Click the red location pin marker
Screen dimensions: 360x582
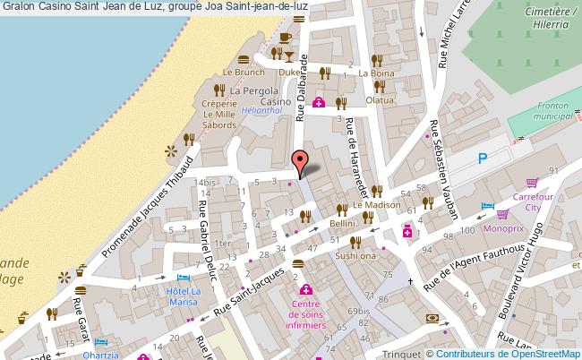[x=302, y=160]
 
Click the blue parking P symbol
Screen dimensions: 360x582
[x=484, y=159]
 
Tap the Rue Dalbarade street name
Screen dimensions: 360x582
[x=303, y=90]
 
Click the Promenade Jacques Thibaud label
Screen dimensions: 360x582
[x=150, y=207]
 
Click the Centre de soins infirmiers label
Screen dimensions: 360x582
[x=306, y=296]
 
